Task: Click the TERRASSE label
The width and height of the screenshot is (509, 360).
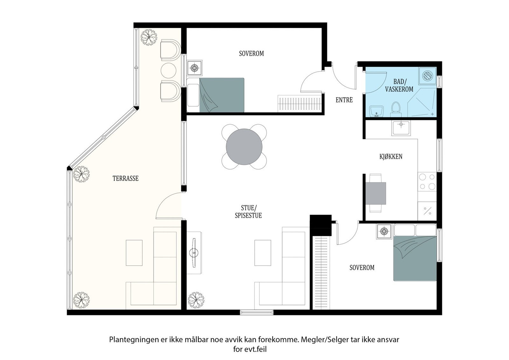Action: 126,178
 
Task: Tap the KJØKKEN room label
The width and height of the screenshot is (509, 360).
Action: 391,156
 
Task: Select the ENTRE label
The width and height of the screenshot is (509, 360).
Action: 344,100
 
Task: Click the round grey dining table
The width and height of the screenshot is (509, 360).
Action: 244,147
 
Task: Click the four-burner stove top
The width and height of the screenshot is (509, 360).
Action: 427,182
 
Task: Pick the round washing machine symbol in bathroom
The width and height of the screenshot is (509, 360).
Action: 428,75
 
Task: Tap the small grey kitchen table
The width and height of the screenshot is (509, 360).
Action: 376,193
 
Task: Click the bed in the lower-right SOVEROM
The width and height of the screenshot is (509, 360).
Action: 415,258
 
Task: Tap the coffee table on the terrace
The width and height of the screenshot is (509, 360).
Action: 134,253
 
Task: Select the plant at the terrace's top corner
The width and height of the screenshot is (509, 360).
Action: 149,37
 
